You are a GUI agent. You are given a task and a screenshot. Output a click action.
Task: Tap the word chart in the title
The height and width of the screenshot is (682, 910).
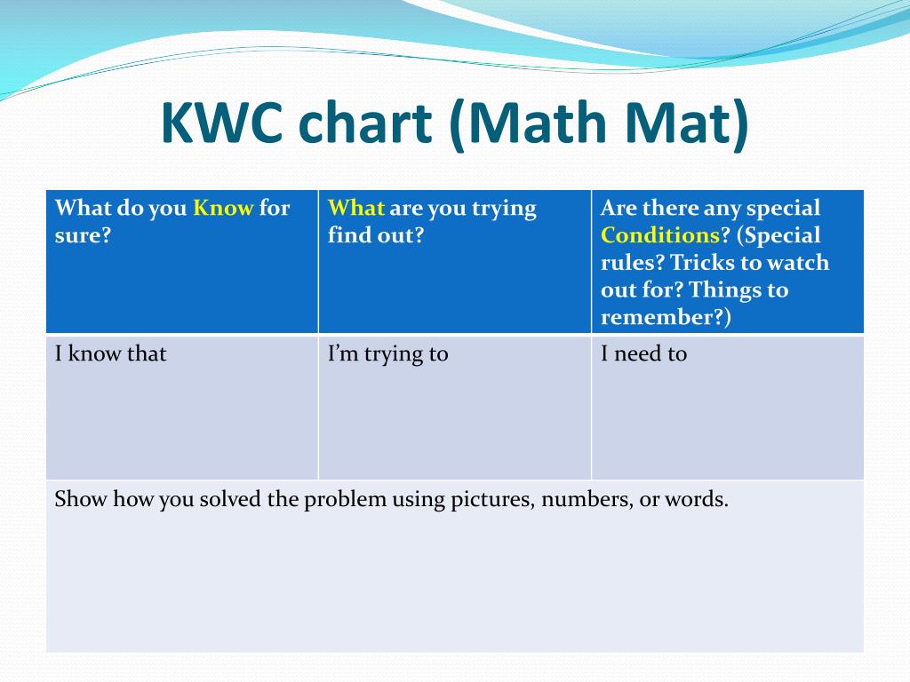(365, 123)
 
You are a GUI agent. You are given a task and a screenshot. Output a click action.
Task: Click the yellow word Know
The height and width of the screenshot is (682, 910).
(223, 208)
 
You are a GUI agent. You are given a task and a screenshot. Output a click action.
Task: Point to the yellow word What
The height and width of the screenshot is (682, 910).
(355, 208)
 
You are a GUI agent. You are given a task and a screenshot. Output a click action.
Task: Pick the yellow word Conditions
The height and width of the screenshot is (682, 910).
(660, 234)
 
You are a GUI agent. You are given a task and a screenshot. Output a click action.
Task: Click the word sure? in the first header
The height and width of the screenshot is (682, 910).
(83, 235)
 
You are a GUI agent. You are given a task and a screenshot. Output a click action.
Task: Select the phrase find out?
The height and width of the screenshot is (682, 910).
(376, 234)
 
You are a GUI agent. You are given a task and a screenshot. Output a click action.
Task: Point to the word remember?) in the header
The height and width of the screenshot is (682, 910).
(666, 317)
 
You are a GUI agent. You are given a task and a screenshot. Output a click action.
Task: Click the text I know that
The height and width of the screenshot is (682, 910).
(110, 353)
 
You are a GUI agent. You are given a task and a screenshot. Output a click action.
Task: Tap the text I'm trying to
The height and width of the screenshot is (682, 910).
(387, 354)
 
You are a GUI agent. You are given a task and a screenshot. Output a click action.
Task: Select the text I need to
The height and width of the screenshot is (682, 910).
(643, 353)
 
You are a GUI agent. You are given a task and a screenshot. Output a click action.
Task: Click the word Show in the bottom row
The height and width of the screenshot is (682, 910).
(80, 499)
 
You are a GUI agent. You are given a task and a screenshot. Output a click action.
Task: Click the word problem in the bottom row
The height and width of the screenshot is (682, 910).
(345, 500)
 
